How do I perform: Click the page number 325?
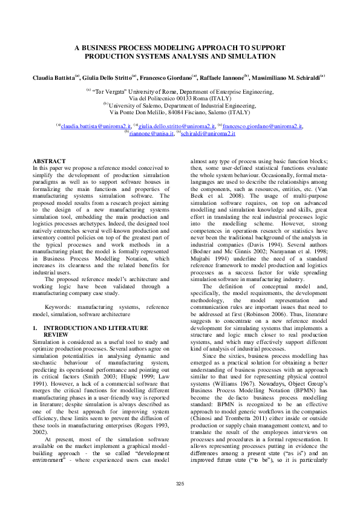point(180,483)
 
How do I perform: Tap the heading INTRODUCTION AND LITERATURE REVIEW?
point(91,331)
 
